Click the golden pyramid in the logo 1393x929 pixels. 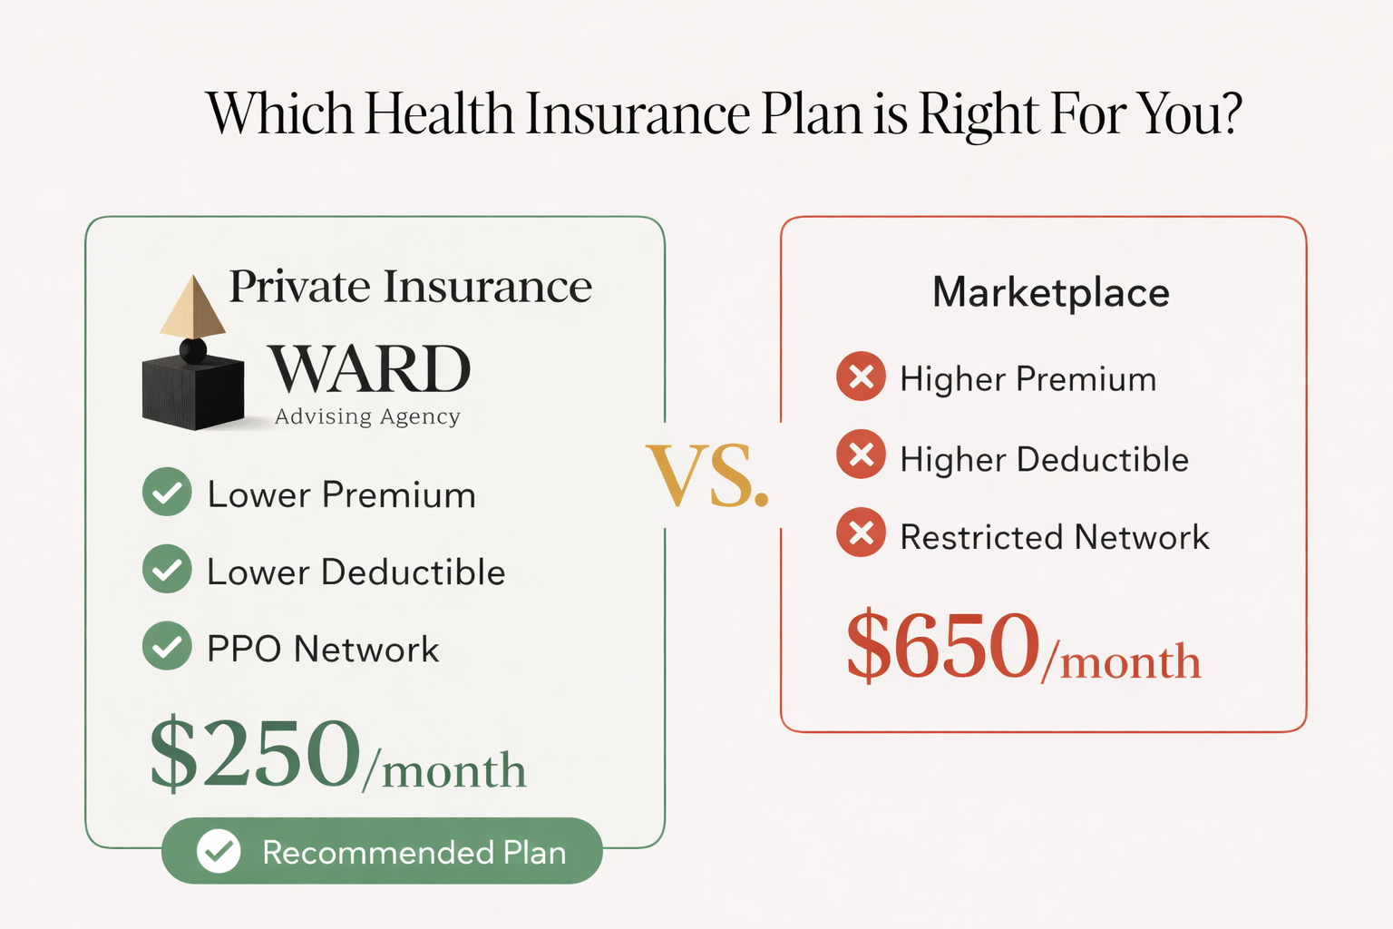tap(192, 308)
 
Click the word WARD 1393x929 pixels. tap(370, 369)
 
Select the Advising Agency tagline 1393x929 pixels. tap(367, 416)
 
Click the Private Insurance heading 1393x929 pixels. tap(410, 287)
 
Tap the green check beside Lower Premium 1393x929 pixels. tap(167, 493)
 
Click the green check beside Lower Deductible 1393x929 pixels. tap(167, 570)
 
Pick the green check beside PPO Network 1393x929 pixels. tap(167, 646)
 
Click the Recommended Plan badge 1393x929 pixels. tap(382, 851)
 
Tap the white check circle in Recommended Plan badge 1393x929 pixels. tap(219, 851)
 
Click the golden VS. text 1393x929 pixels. tap(707, 477)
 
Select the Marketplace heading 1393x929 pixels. tap(1051, 293)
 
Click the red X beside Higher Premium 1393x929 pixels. tap(862, 376)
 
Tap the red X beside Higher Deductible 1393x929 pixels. tap(862, 454)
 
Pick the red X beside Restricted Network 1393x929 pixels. tap(862, 533)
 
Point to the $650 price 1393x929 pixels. tap(943, 646)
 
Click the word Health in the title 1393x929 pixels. tap(439, 114)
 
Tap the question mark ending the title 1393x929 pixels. tap(1230, 114)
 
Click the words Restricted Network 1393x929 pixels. tap(1054, 537)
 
